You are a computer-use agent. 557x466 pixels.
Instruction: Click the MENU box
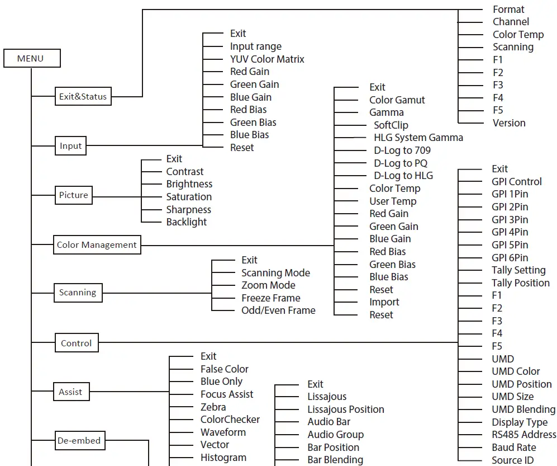31,59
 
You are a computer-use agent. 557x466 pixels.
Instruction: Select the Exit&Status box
83,97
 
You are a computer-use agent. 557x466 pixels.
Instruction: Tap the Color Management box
97,245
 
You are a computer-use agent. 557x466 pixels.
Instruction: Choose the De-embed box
79,441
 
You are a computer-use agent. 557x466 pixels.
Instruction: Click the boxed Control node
77,343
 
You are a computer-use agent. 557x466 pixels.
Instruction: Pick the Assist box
70,392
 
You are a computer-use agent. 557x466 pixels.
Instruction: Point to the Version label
508,123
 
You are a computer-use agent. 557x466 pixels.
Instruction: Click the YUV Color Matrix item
267,59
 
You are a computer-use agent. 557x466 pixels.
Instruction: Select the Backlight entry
187,222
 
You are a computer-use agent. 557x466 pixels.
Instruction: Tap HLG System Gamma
418,138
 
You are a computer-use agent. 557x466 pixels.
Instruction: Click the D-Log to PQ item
401,163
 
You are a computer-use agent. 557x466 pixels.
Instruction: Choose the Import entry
384,302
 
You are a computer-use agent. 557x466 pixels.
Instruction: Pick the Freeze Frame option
270,298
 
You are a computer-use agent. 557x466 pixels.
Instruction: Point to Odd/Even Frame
278,310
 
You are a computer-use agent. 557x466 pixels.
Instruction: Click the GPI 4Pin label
510,232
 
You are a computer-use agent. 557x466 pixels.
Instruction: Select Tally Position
520,283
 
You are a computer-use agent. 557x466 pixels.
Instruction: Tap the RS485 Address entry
523,435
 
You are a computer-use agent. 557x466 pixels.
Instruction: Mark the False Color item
224,369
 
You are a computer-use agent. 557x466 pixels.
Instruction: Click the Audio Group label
335,435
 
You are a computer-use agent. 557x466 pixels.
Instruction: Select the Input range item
255,46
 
